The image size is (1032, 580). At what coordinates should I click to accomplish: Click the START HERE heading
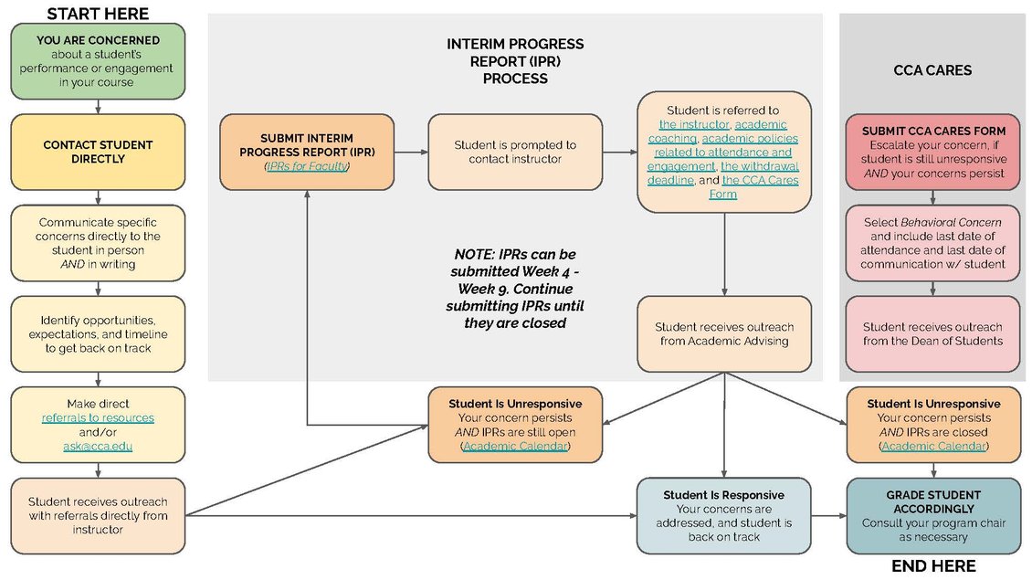98,13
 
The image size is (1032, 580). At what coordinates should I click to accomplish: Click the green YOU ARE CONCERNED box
98,61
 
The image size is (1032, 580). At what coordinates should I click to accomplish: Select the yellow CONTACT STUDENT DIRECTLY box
98,152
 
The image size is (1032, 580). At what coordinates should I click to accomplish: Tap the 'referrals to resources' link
98,417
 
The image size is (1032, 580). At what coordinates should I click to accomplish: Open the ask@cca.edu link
98,446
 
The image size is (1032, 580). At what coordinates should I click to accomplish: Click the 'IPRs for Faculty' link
307,166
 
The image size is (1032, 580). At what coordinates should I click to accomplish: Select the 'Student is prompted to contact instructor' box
515,152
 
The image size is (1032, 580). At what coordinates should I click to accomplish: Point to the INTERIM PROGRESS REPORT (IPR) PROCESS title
515,61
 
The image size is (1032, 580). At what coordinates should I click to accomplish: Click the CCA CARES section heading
932,69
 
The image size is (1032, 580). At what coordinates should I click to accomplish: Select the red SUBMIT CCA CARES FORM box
932,152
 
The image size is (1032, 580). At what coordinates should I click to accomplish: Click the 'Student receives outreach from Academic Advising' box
724,333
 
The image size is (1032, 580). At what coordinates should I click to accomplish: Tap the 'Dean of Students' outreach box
932,333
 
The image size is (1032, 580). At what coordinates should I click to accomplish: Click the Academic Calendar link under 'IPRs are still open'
515,446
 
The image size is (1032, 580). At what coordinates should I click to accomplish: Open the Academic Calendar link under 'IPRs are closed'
932,446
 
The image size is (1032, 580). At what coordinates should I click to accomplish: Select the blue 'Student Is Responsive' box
724,515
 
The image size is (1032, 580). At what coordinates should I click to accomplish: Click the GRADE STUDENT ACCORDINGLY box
932,515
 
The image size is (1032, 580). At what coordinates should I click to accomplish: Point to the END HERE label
932,566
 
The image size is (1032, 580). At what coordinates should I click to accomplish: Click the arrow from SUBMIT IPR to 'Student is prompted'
411,152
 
